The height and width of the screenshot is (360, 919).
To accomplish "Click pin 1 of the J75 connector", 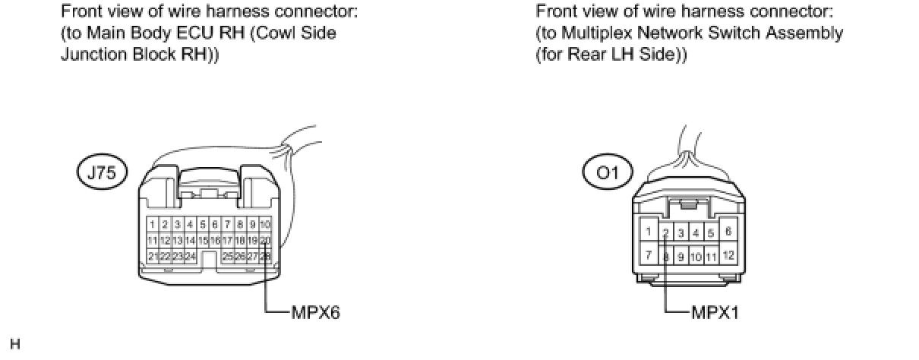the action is (x=153, y=225).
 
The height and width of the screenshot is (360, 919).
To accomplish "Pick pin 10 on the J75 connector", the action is (x=265, y=225).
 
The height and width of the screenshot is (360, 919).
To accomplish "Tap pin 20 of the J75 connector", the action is (x=265, y=241).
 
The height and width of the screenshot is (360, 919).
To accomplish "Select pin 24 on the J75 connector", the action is (x=191, y=257).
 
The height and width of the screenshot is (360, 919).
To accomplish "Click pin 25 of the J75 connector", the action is (x=228, y=257).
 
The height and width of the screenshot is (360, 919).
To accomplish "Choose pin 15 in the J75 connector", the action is (x=203, y=241).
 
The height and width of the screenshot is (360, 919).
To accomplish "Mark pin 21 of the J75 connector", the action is (x=153, y=257).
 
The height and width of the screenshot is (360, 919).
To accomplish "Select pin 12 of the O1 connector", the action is (x=728, y=255).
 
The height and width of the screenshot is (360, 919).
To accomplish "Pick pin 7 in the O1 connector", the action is (x=648, y=255).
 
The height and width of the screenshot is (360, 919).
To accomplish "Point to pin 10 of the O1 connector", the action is (x=696, y=257).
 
